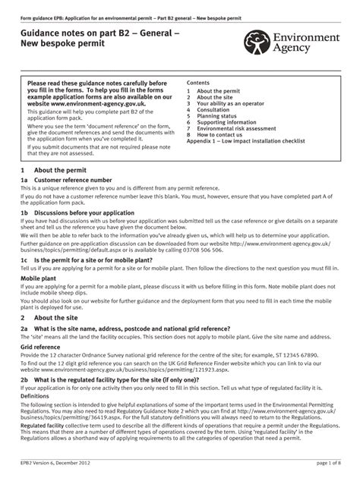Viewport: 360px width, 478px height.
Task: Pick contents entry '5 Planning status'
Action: [x=220, y=116]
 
